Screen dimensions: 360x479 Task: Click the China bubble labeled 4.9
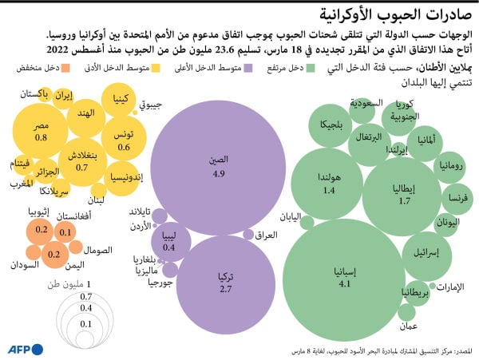218,165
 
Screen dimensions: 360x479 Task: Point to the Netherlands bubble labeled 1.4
330,184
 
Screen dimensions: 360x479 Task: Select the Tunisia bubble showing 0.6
124,140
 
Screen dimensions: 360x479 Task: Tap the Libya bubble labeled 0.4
168,241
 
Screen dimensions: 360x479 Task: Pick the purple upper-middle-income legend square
249,69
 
